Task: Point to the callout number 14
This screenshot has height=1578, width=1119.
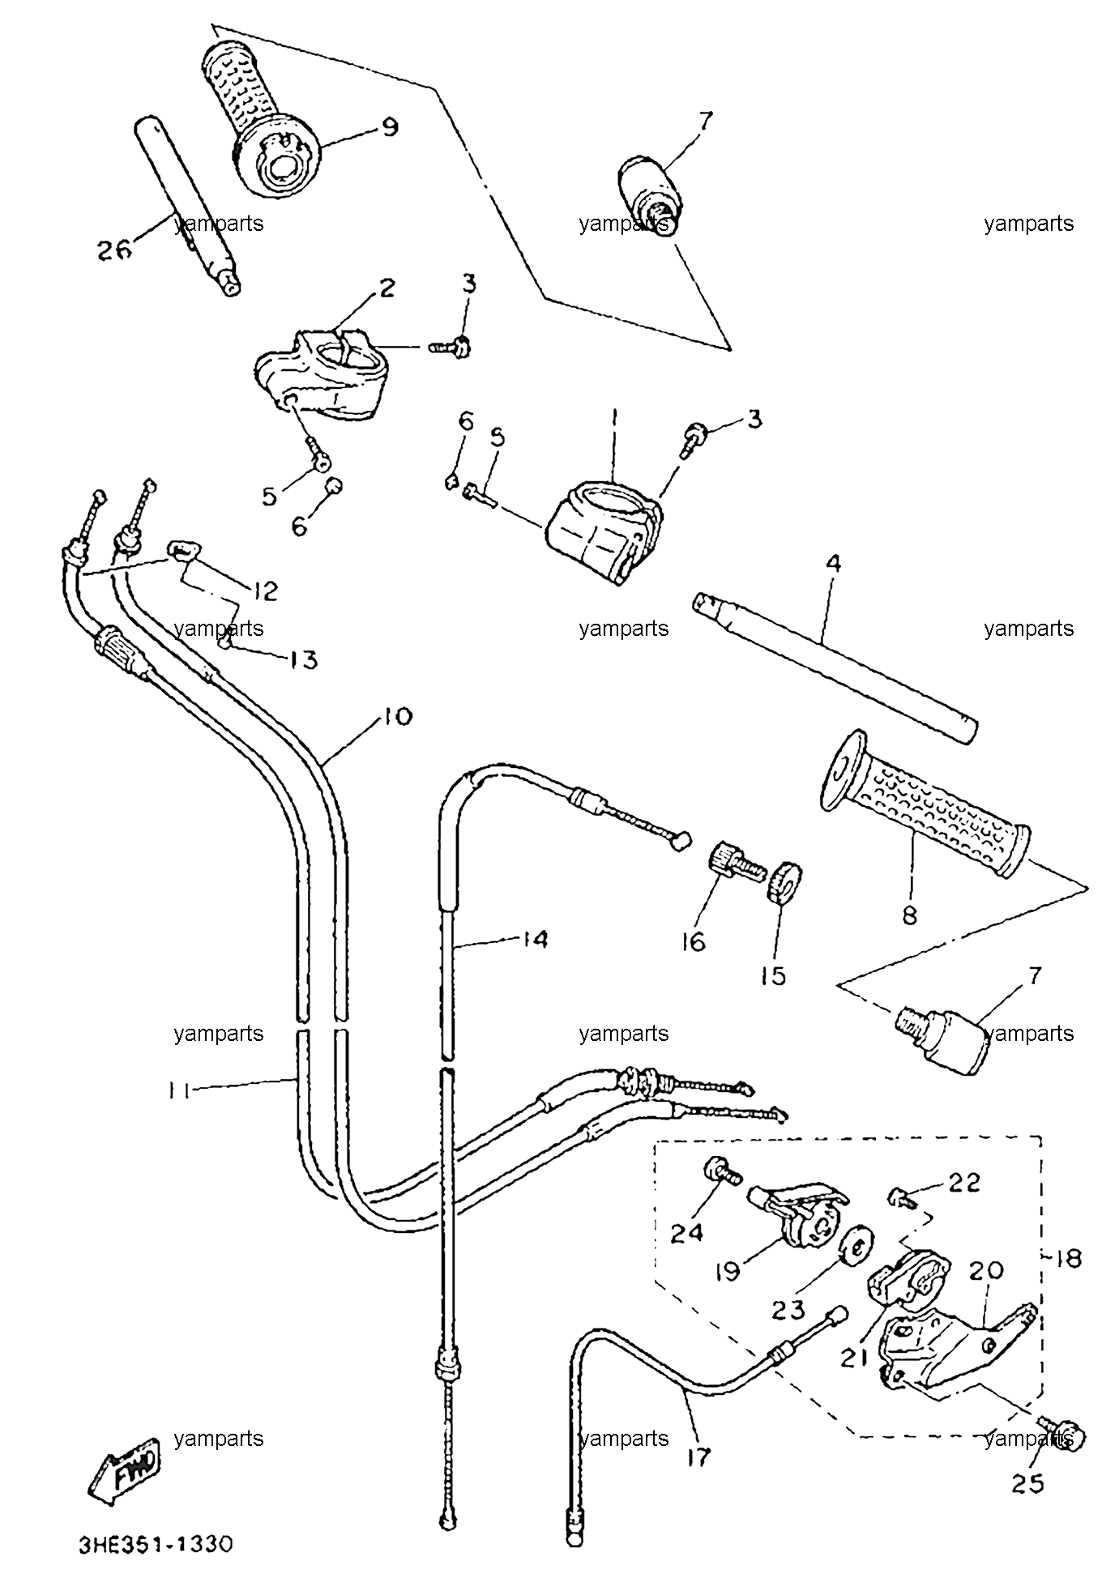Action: tap(535, 939)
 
